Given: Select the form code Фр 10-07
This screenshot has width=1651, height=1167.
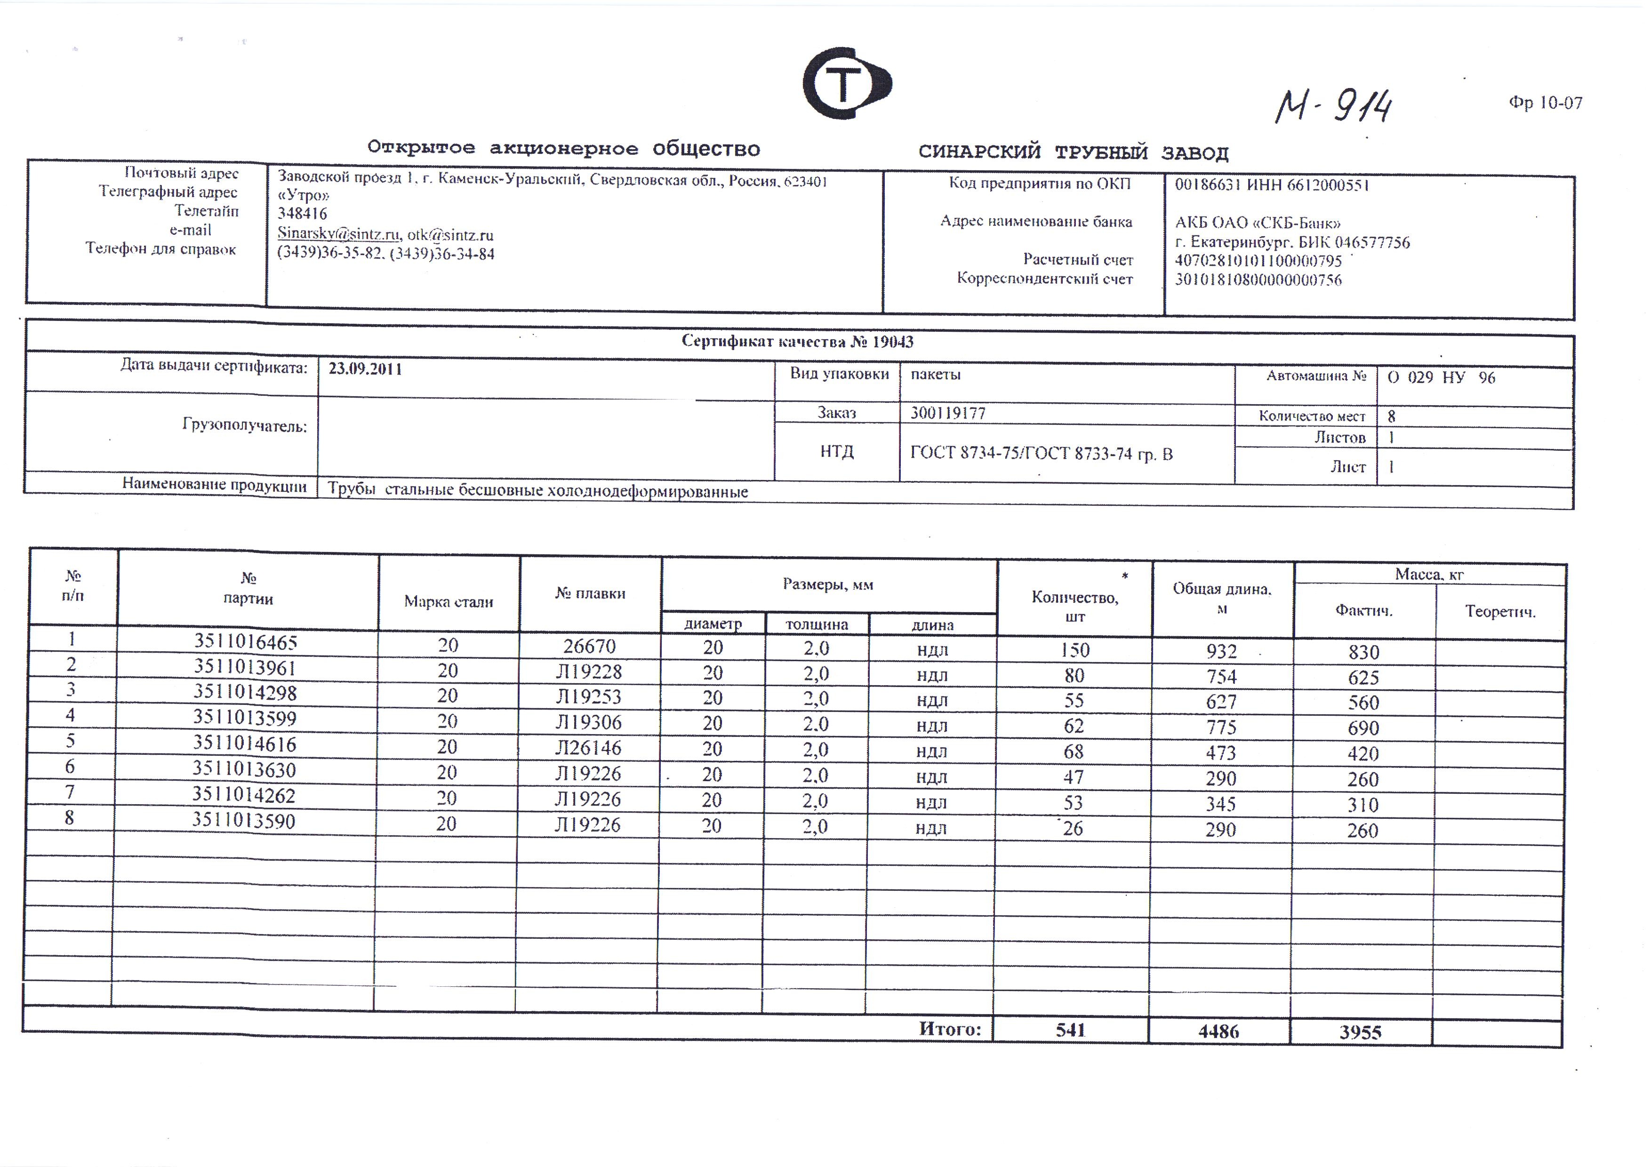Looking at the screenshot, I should pos(1545,104).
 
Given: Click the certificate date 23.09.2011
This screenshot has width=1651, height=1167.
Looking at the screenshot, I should pos(365,369).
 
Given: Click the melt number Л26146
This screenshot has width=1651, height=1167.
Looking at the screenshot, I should pos(588,748).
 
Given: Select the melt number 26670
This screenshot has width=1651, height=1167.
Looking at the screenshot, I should pos(590,647).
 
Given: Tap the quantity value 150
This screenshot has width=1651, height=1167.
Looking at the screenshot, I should pos(1075,650).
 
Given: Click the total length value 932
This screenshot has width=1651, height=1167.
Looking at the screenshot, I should pos(1222,651).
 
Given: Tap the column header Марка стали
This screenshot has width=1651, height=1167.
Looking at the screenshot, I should pos(449,602).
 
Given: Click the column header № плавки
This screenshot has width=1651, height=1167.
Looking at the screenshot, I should pos(590,593).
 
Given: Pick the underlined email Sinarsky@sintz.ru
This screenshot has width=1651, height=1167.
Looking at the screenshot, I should pos(338,234).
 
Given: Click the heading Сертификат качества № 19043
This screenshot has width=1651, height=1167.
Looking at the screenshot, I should pos(797,342).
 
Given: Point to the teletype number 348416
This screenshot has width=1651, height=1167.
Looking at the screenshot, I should pos(302,214).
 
